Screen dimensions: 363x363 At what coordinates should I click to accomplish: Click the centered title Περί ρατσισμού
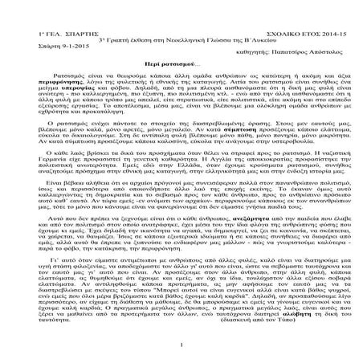(x=181, y=51)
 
